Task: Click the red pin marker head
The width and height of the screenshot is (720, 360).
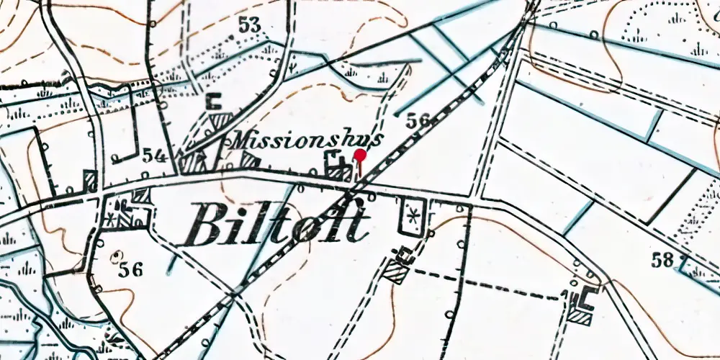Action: (360, 155)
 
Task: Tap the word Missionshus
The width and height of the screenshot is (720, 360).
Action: (302, 140)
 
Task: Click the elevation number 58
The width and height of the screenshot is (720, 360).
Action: (664, 260)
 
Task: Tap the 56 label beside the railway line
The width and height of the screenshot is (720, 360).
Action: (418, 120)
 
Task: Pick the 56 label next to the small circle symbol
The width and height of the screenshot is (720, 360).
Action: (132, 270)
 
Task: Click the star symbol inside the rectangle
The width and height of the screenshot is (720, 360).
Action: (413, 215)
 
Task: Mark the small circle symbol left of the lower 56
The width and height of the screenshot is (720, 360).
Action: (117, 256)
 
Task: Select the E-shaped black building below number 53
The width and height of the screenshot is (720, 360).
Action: (213, 102)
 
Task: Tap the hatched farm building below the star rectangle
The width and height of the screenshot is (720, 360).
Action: (395, 271)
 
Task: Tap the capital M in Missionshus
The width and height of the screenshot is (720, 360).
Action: (240, 140)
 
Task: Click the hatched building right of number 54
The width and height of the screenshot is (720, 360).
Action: (193, 162)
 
